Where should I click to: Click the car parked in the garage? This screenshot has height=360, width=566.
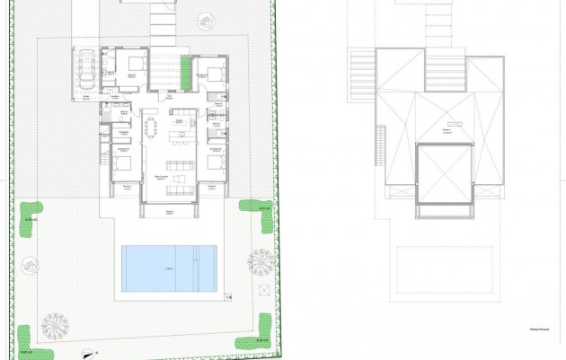click(x=86, y=69)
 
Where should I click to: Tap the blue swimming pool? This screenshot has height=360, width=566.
click(x=169, y=267)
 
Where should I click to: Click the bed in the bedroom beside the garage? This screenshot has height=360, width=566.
click(x=135, y=65)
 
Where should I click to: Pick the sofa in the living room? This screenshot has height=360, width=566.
click(x=178, y=164)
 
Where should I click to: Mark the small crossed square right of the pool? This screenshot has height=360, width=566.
click(x=265, y=290)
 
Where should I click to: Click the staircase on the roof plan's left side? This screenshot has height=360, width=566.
click(x=380, y=144)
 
